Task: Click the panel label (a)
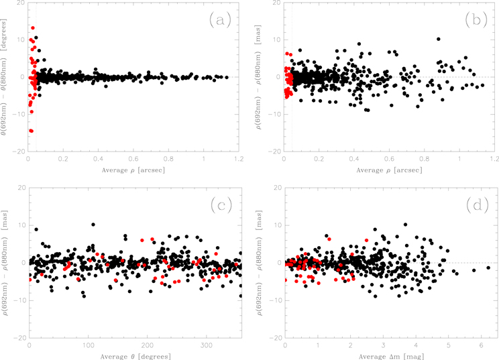(220, 19)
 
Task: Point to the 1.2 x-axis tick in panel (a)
(239, 160)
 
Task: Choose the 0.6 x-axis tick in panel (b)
(389, 160)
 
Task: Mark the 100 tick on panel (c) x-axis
(88, 345)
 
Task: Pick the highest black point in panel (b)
(439, 39)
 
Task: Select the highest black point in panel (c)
(93, 225)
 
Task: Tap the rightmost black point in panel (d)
(488, 267)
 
